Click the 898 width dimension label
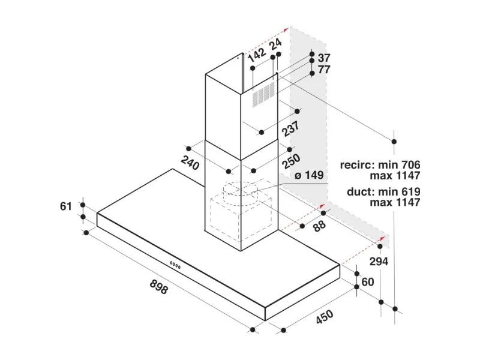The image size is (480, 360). (159, 287)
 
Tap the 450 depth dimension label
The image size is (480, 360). (325, 317)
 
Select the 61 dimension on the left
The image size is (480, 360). (66, 206)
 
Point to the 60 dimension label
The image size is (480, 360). (368, 281)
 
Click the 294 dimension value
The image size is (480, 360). (379, 262)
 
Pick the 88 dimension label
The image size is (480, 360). (319, 227)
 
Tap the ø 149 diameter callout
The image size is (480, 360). (309, 175)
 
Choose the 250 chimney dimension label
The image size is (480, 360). (291, 161)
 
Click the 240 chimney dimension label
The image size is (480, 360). (190, 163)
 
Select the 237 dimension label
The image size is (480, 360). (290, 129)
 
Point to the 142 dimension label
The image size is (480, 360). (257, 55)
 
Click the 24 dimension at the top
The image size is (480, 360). (276, 44)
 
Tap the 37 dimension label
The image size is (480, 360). (324, 58)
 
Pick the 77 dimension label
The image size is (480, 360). (324, 70)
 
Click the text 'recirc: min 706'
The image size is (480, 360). (380, 164)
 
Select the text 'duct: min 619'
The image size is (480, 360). (383, 191)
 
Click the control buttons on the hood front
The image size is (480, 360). (175, 265)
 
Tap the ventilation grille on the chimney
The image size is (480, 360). (263, 94)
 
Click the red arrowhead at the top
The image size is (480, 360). (286, 29)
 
